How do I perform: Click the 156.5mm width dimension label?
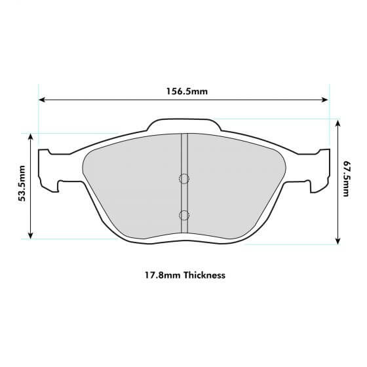coord(186,90)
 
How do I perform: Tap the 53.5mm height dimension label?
coord(22,185)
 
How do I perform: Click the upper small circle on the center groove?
coord(184,178)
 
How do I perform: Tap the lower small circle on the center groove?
coord(184,214)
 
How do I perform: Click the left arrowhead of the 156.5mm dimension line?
coord(41,100)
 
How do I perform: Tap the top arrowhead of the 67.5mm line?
coord(338,122)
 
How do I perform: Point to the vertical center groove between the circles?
coord(184,197)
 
